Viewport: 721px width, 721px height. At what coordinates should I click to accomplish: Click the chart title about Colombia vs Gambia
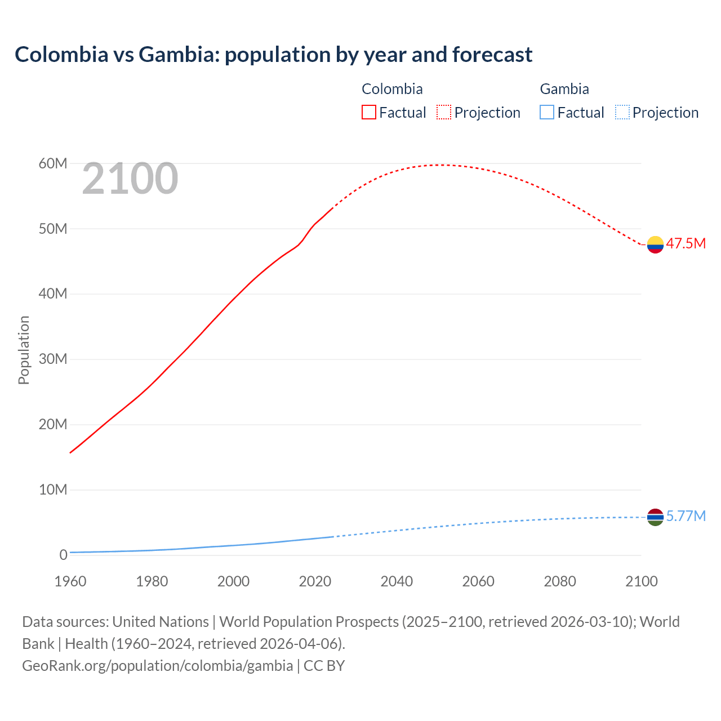tap(274, 55)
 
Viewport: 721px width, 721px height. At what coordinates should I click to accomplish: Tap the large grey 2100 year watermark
tap(130, 179)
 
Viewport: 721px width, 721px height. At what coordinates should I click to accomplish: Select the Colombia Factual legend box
tap(369, 113)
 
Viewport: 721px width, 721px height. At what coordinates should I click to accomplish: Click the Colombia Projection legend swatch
tap(444, 113)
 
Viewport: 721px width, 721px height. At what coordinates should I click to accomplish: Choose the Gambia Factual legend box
tap(547, 113)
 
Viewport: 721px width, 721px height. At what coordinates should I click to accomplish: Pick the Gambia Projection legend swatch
tap(622, 113)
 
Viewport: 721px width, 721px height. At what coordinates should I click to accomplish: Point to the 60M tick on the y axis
tap(53, 163)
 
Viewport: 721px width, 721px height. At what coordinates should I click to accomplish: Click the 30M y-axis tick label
tap(53, 359)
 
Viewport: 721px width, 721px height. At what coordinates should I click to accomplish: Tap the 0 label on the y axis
tap(63, 555)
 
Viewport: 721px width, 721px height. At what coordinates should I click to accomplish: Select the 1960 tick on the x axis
tap(70, 581)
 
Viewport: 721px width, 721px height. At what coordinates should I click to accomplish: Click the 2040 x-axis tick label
tap(397, 581)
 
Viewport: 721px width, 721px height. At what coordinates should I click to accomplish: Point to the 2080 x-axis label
tap(560, 581)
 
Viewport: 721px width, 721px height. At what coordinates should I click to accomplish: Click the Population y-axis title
tap(24, 350)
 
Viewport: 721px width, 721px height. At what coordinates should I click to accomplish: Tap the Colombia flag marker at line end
tap(655, 244)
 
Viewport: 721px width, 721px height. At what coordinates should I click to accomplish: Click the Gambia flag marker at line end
tap(655, 517)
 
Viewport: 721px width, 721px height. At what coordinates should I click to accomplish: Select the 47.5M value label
tap(686, 244)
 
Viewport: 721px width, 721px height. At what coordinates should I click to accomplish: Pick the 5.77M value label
tap(686, 517)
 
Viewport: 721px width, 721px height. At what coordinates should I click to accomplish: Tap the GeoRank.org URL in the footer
tap(157, 666)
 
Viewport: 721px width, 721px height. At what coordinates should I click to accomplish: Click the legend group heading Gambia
tap(564, 89)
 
